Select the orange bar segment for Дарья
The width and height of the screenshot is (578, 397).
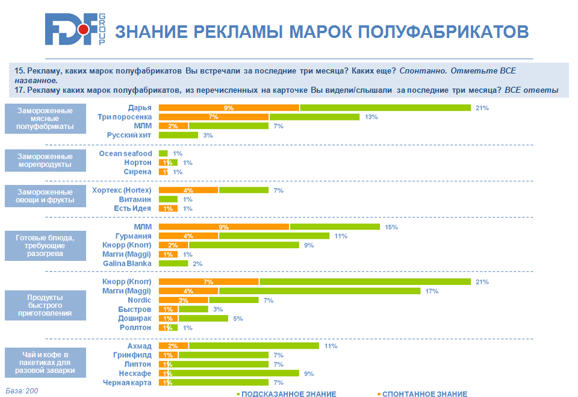tap(229, 108)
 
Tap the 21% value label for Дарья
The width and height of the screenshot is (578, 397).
tap(482, 108)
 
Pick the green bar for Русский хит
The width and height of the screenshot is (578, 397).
tap(178, 136)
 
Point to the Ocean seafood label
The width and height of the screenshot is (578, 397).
tap(126, 154)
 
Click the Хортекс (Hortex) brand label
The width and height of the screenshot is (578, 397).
tap(122, 190)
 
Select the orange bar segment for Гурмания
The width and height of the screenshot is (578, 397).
tap(188, 236)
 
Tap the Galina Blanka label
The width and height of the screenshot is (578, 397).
tap(127, 263)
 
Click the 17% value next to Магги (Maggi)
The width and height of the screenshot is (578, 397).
tap(432, 291)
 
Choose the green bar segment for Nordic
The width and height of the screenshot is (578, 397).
tap(234, 300)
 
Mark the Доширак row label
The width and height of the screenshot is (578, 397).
tap(136, 318)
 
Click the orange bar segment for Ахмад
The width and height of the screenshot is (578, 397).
tap(173, 346)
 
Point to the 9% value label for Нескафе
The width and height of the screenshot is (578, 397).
tap(309, 374)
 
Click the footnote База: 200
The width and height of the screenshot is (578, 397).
tap(22, 391)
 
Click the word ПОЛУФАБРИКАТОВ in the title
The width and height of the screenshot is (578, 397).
tap(442, 31)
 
